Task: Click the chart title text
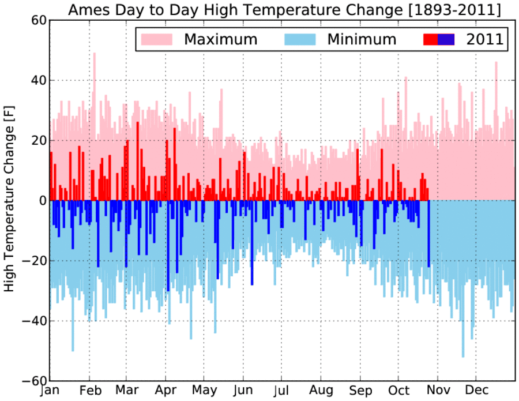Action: tap(285, 10)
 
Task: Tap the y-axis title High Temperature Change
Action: tap(9, 198)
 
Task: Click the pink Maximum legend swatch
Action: tap(157, 39)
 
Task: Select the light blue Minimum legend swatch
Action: tap(300, 39)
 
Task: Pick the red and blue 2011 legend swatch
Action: tap(439, 39)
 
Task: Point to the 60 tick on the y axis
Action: tap(39, 20)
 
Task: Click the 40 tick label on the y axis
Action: tap(39, 80)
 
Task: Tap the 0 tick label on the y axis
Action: tap(42, 201)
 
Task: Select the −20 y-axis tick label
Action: tap(34, 261)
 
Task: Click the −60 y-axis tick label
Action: tap(34, 381)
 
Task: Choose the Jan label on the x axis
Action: tap(50, 391)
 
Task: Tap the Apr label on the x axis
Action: tap(166, 391)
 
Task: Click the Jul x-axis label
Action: tap(281, 391)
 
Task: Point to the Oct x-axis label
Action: tap(398, 391)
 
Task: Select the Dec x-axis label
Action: tap(476, 391)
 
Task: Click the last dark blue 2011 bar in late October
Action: tap(428, 234)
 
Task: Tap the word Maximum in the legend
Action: tap(221, 39)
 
